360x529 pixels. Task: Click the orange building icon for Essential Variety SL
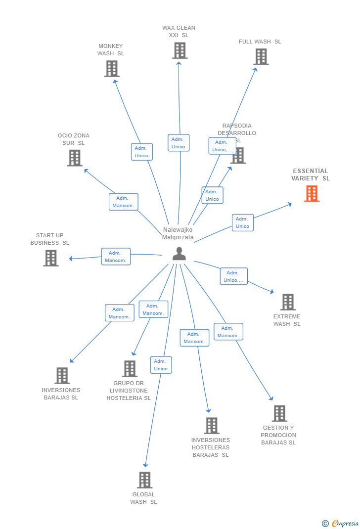click(312, 194)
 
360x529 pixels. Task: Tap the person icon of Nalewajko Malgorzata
click(179, 254)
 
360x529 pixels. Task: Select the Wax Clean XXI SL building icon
click(180, 50)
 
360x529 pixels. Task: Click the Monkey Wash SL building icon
click(112, 69)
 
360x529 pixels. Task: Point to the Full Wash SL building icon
click(261, 57)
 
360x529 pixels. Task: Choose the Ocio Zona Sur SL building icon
click(75, 158)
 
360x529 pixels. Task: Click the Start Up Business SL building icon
click(51, 258)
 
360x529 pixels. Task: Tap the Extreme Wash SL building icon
click(288, 302)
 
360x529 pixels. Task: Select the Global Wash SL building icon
click(144, 480)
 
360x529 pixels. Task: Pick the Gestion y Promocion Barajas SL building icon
click(279, 413)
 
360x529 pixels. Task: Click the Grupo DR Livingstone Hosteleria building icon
click(130, 369)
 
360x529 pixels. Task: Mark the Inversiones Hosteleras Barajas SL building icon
click(212, 426)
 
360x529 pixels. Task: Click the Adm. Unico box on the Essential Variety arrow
click(242, 222)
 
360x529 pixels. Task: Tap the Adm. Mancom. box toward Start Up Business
click(116, 257)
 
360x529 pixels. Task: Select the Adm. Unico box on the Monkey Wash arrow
click(141, 152)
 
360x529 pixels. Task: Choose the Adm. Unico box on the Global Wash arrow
click(161, 365)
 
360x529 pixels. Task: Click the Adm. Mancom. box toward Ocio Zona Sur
click(123, 202)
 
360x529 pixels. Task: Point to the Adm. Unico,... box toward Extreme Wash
click(233, 276)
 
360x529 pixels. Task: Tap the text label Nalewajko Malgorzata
click(178, 233)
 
